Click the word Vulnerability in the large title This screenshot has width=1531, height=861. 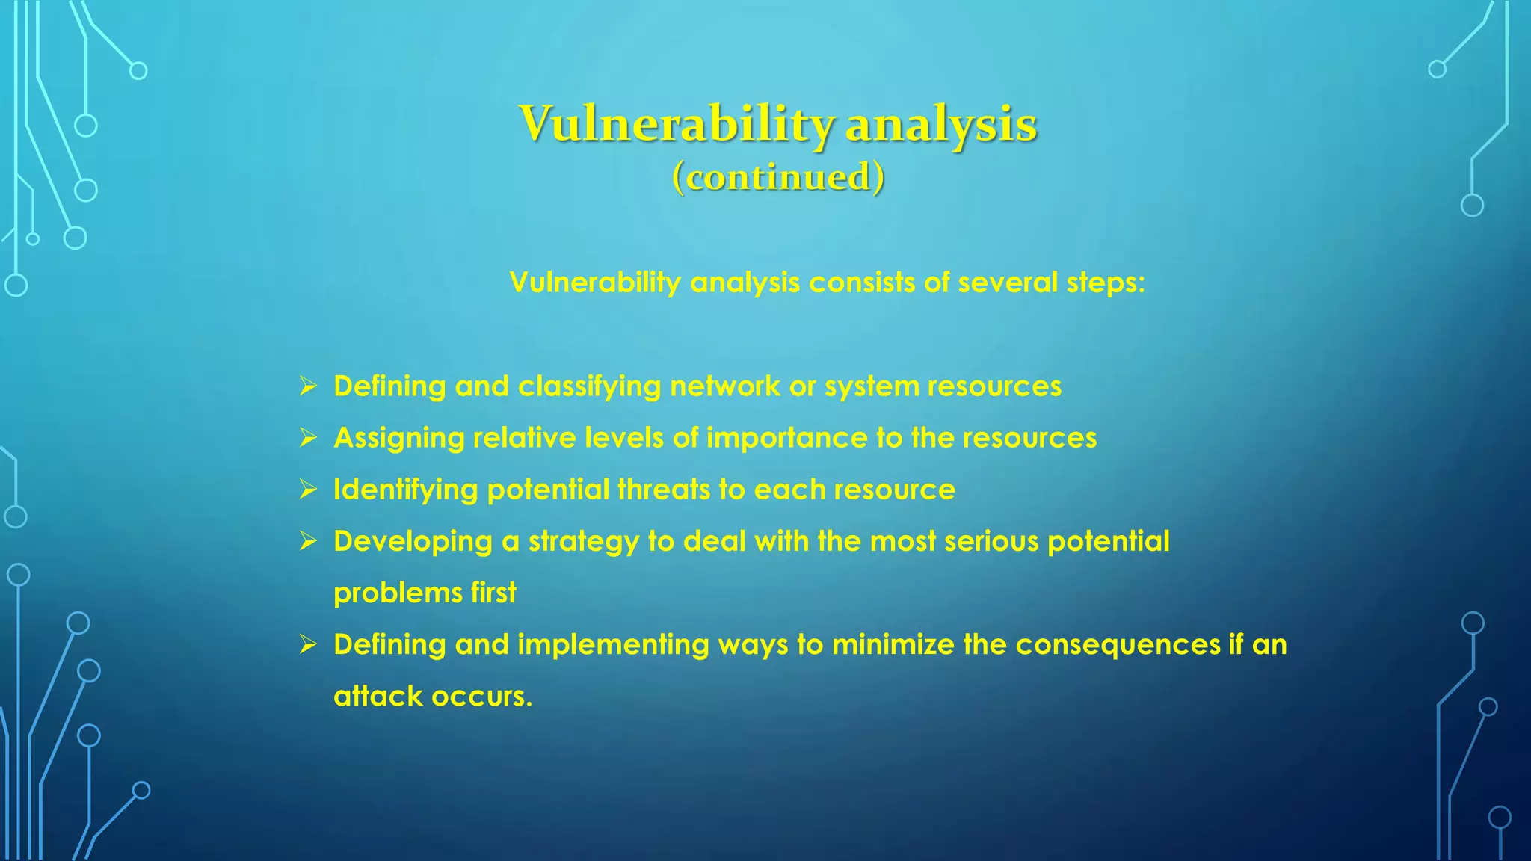point(676,124)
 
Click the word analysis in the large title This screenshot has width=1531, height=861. point(941,124)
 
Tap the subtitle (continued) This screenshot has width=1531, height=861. point(778,177)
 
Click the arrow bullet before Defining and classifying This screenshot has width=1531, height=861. point(308,386)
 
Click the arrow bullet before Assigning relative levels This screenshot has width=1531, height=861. point(308,438)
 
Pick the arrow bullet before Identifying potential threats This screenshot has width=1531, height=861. point(308,490)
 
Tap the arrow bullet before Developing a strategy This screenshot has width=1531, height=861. point(308,541)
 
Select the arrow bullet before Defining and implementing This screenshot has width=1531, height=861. point(308,644)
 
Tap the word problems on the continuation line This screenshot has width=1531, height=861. point(398,593)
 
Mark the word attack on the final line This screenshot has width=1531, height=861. point(378,696)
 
